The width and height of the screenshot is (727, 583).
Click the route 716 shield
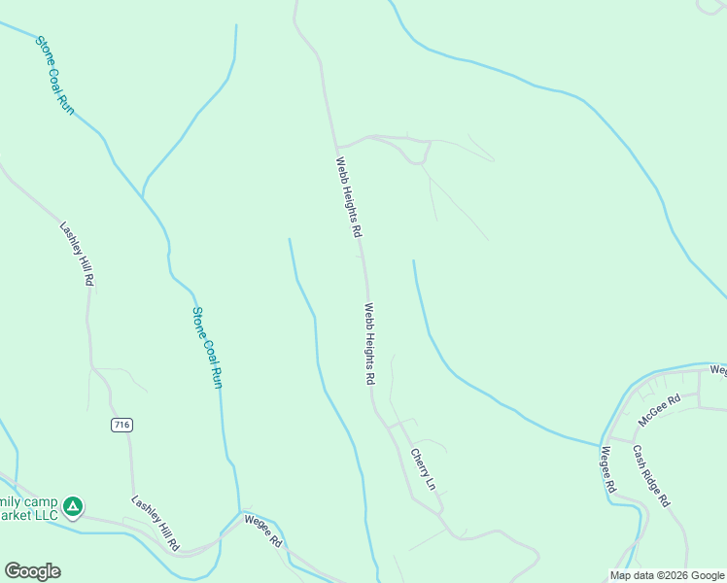click(121, 425)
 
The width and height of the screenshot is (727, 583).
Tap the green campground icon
click(72, 506)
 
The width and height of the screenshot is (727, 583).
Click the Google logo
click(32, 571)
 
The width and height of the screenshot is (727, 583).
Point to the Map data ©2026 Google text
click(667, 575)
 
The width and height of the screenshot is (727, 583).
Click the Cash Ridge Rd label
click(651, 476)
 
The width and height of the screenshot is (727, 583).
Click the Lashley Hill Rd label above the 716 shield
click(77, 254)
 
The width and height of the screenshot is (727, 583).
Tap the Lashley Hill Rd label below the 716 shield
click(156, 524)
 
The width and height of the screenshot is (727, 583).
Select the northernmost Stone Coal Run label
click(55, 76)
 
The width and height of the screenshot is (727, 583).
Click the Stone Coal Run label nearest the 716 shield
click(207, 348)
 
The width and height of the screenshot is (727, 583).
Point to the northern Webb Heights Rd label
click(349, 198)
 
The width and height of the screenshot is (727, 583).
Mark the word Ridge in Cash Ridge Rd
click(651, 476)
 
